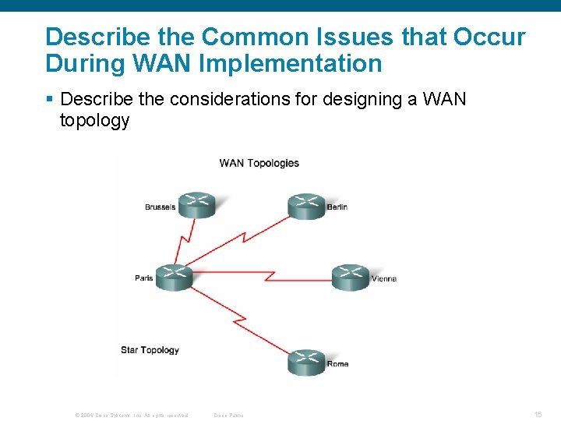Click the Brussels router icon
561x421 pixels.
(x=196, y=205)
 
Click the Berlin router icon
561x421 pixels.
(x=306, y=204)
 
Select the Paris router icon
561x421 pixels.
(x=173, y=277)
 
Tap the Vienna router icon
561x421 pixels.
(x=350, y=277)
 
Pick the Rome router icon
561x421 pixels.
(x=306, y=362)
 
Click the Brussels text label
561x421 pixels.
(x=160, y=207)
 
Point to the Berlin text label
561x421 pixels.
(x=337, y=207)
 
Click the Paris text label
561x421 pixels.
(x=144, y=278)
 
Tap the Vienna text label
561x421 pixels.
(x=384, y=279)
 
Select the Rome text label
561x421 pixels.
(x=337, y=364)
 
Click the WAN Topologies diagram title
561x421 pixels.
(x=259, y=163)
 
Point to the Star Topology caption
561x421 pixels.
(x=150, y=350)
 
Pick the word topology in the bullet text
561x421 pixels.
(x=94, y=121)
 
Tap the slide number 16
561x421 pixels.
(x=538, y=415)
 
